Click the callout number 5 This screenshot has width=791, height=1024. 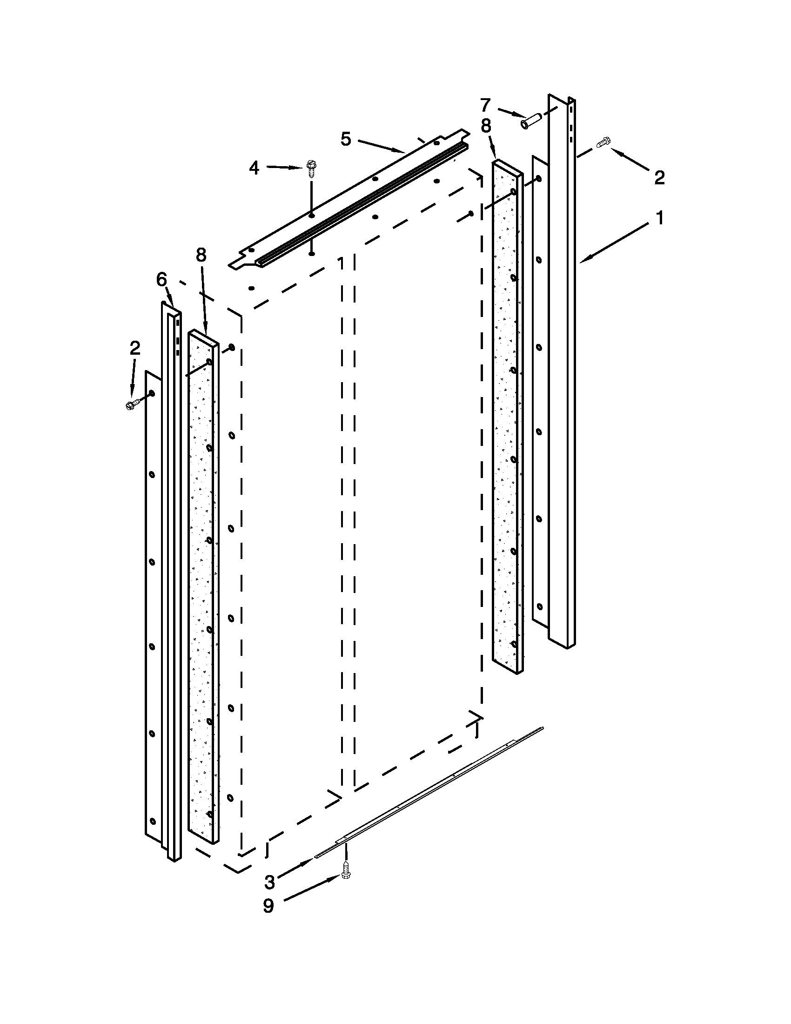(x=346, y=139)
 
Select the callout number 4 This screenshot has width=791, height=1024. (x=254, y=168)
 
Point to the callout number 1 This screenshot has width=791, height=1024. (x=660, y=218)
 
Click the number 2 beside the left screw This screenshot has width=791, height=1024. (x=134, y=348)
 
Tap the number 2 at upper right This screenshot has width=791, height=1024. (x=659, y=177)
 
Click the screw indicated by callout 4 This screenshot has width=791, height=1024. (x=311, y=168)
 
